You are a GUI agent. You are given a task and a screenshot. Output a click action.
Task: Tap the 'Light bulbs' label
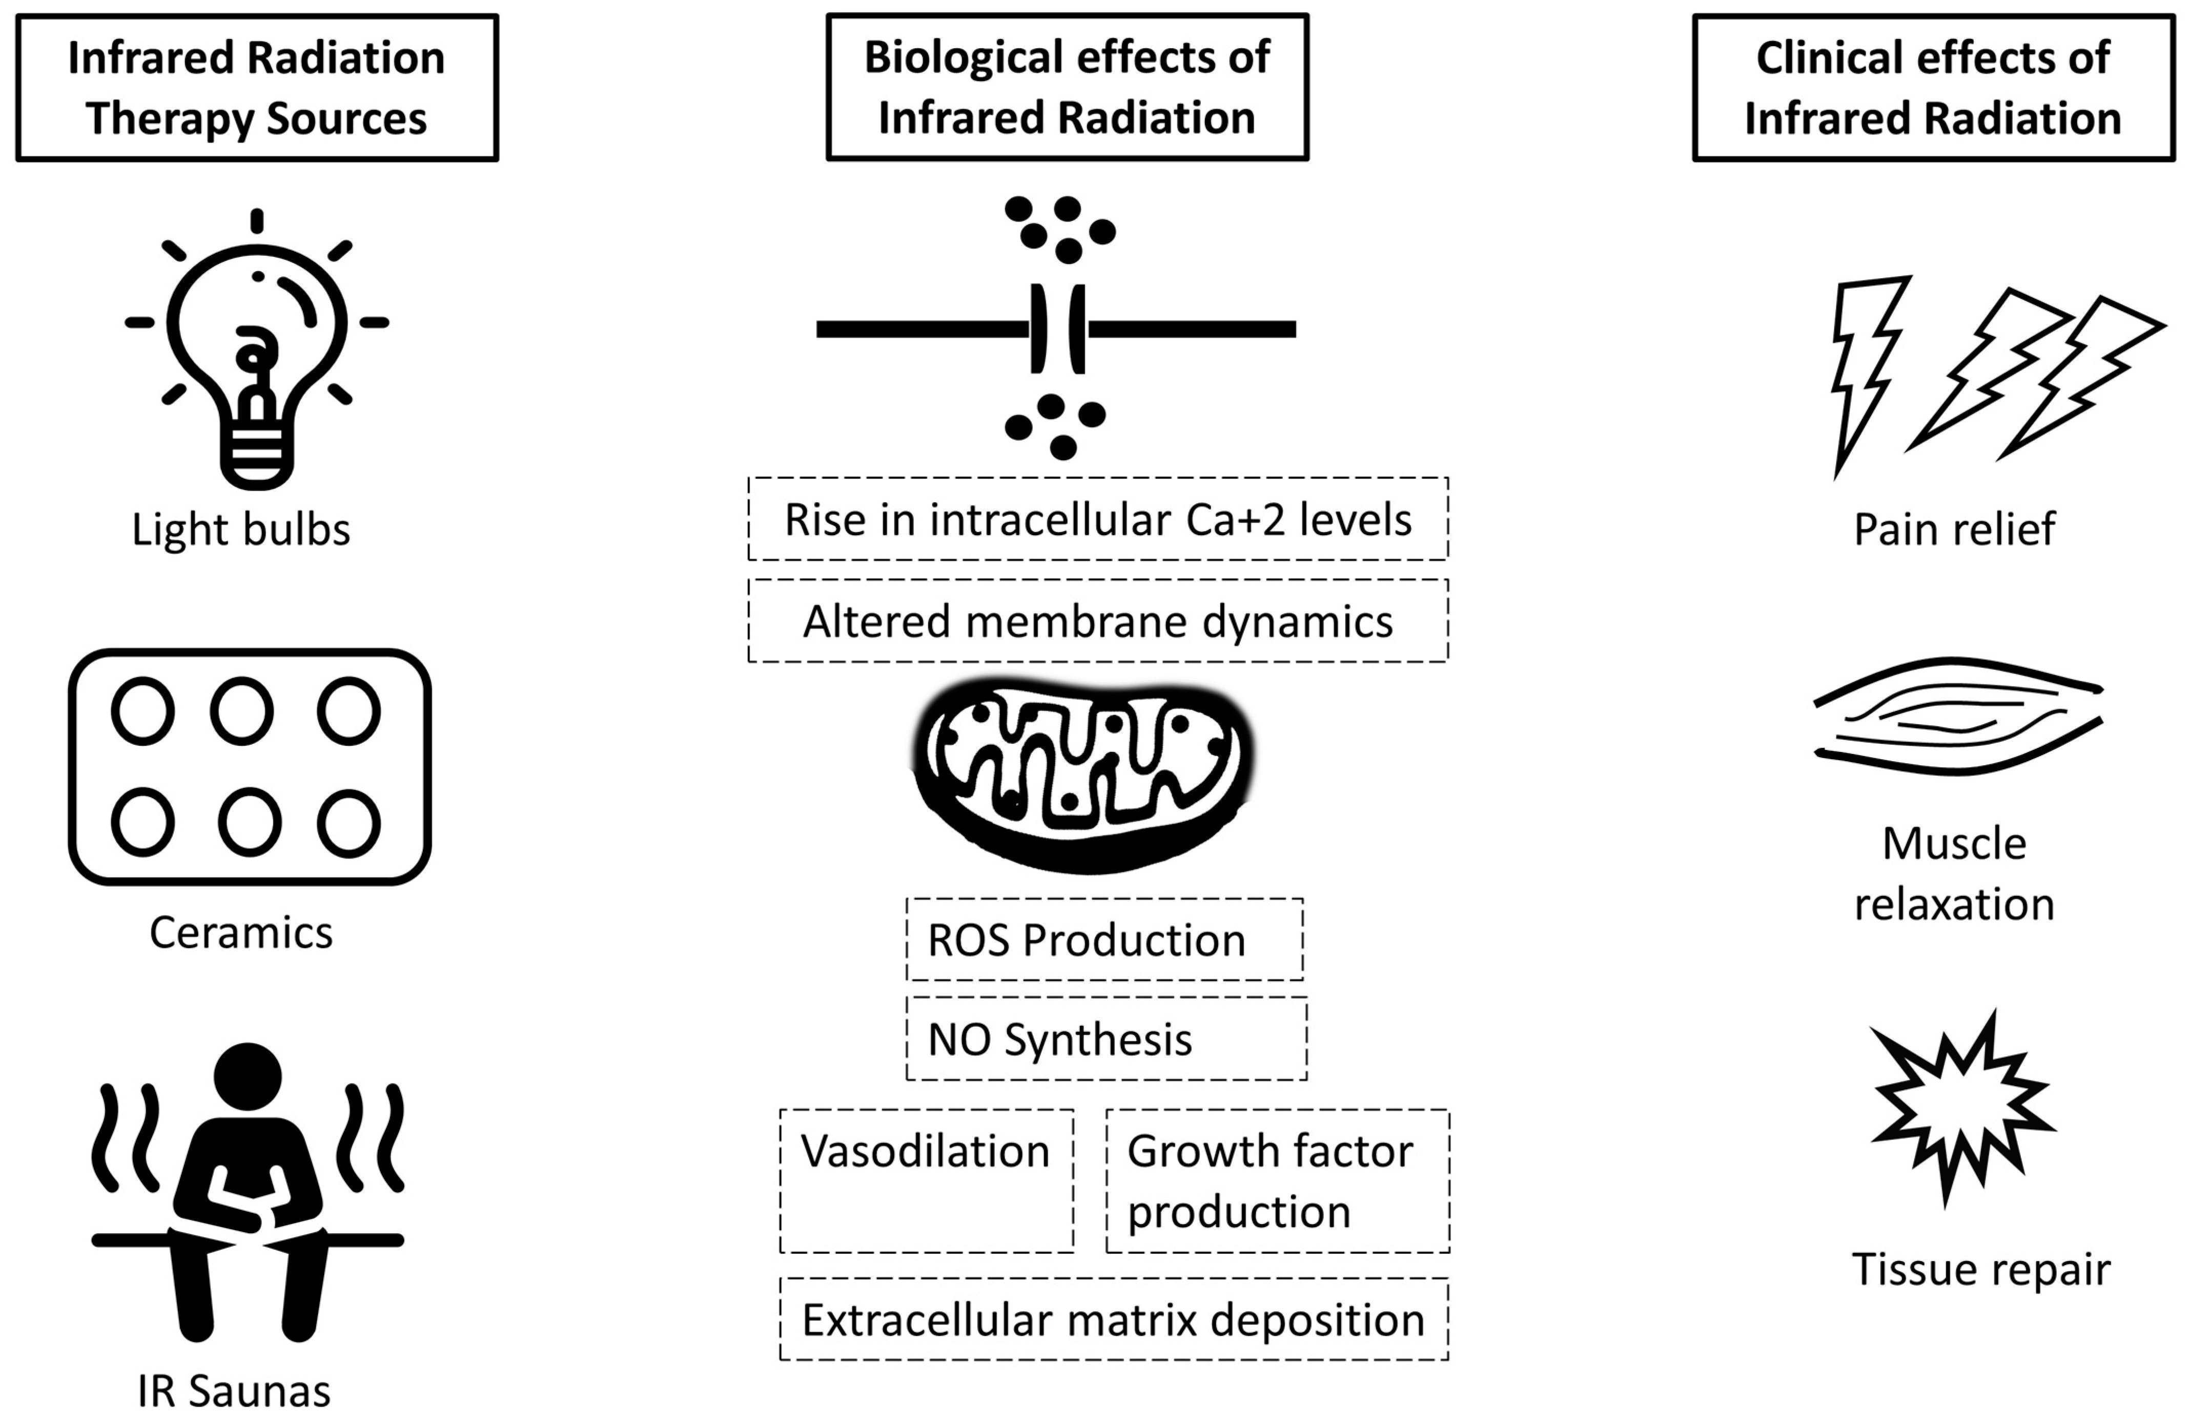pos(241,530)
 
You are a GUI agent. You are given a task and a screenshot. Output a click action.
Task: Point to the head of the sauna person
pos(248,1074)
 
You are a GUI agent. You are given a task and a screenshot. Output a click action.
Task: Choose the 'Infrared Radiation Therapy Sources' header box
pos(257,88)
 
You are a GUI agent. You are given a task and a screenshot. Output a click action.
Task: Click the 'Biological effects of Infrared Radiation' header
pos(1067,88)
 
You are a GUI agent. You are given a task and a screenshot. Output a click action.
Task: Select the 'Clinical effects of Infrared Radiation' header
pos(1933,88)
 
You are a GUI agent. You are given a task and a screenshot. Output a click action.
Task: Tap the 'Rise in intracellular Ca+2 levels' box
pos(1098,519)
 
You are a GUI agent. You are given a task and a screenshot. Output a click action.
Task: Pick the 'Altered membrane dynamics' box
pos(1098,621)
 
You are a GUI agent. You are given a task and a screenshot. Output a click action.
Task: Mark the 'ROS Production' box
pos(1103,940)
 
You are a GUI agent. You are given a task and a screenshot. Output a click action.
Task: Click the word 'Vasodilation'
pos(925,1151)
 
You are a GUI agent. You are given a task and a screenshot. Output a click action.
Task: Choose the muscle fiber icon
pos(1957,716)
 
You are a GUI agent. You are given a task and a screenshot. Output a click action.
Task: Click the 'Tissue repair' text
pos(1981,1270)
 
